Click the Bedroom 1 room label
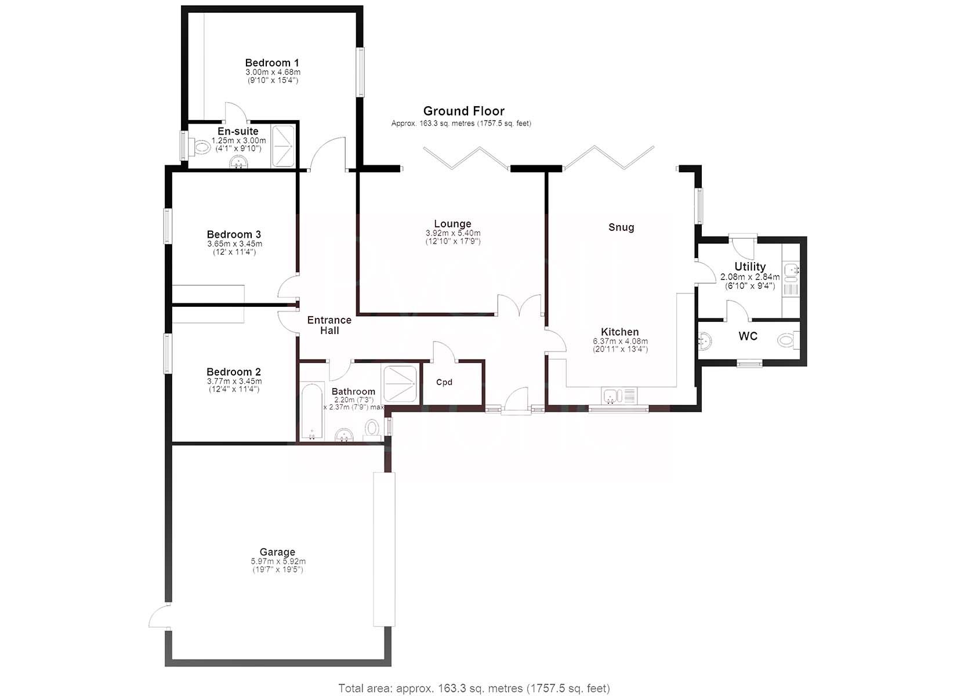(x=272, y=63)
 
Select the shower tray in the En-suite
(x=283, y=146)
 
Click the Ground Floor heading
(x=464, y=111)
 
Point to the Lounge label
(x=452, y=223)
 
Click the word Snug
(x=621, y=227)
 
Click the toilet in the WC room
(x=788, y=340)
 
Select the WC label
(x=748, y=336)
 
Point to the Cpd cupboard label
(x=444, y=382)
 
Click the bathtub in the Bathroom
(x=311, y=411)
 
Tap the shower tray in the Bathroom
(x=400, y=383)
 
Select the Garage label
(x=277, y=552)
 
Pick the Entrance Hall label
(x=329, y=325)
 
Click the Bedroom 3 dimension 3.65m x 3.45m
(x=234, y=244)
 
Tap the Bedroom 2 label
(x=234, y=372)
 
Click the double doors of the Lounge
(x=520, y=305)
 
